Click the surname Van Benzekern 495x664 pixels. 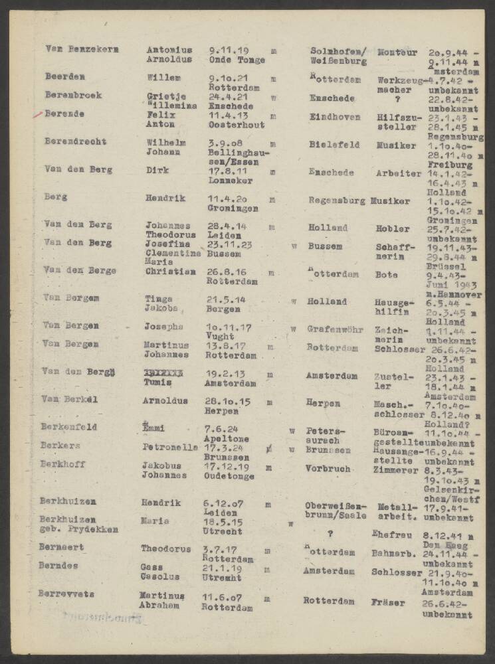(x=72, y=48)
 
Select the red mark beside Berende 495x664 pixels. (x=37, y=115)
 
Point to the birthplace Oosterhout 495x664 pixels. (x=236, y=124)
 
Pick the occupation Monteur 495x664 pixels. (x=397, y=52)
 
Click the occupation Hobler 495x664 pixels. (x=392, y=228)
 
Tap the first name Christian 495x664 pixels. (x=170, y=271)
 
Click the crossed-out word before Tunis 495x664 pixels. (x=163, y=374)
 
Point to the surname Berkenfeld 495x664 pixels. (x=68, y=427)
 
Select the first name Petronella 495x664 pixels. (x=170, y=447)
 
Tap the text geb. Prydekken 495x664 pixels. (x=78, y=529)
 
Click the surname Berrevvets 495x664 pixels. (x=66, y=593)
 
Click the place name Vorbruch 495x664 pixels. (x=328, y=468)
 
